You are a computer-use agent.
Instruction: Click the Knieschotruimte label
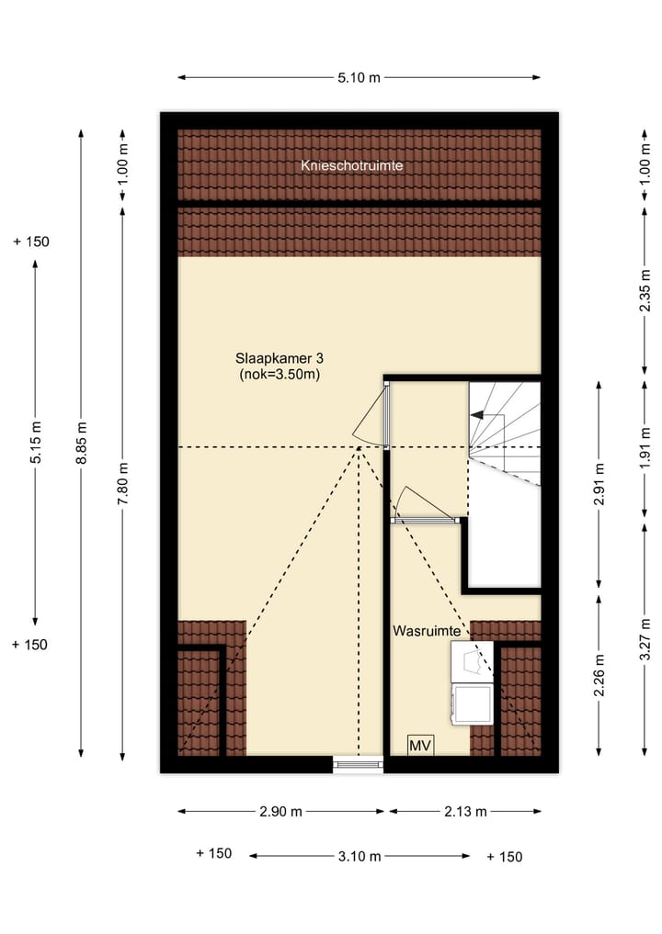pos(352,166)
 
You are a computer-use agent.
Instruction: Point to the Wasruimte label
pos(427,632)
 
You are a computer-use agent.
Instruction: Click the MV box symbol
pos(421,744)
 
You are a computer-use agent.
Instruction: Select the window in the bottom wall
pos(358,762)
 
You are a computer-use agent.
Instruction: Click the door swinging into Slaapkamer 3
pos(371,415)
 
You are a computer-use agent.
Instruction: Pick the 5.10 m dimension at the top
pos(359,78)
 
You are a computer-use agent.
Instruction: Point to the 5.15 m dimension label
pos(36,444)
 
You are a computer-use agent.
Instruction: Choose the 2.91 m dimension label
pos(599,483)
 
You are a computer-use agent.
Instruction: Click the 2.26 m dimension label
pos(599,675)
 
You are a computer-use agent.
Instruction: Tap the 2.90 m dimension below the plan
pos(281,811)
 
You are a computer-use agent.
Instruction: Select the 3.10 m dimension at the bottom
pos(359,856)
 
